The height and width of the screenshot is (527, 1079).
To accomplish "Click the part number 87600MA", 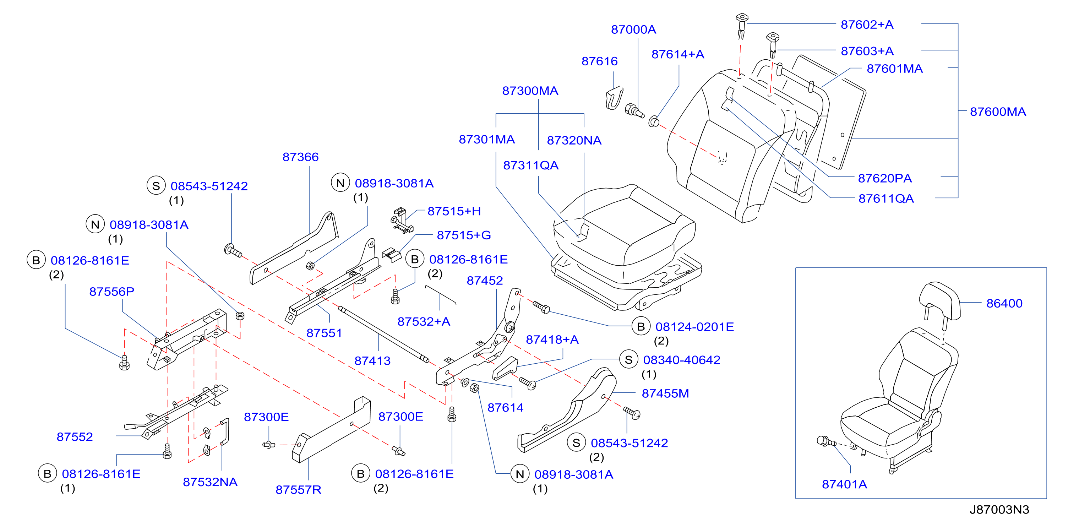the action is click(x=998, y=112).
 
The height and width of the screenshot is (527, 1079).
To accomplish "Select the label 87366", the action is click(x=300, y=157).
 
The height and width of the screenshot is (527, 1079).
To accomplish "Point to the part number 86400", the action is click(x=1004, y=303).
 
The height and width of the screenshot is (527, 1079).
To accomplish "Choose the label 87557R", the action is click(x=298, y=490).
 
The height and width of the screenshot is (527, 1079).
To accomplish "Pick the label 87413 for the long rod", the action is click(x=372, y=361).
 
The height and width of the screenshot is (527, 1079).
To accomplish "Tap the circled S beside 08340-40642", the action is click(x=628, y=360).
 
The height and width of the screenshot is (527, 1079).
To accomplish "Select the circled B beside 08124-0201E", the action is click(x=641, y=327).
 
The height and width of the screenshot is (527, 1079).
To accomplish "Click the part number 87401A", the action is click(x=844, y=484).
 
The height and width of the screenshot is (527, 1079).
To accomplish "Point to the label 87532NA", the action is click(x=210, y=482).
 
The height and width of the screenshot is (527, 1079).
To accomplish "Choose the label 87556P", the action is click(x=111, y=292).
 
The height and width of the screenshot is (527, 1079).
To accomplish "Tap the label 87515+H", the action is click(x=454, y=211).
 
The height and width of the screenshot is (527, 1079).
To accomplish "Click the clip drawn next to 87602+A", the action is click(x=741, y=26).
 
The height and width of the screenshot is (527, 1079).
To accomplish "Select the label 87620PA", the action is click(x=885, y=179).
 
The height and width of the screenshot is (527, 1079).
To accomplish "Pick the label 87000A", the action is click(x=633, y=30).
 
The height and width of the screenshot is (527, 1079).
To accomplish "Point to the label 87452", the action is click(x=485, y=281).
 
